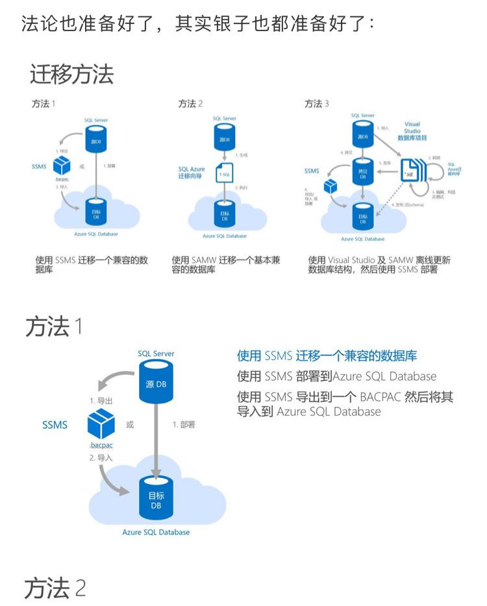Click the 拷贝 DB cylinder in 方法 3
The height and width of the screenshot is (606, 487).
click(363, 173)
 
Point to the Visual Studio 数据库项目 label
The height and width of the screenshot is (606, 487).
click(412, 131)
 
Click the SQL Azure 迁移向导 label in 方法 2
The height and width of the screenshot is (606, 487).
click(192, 173)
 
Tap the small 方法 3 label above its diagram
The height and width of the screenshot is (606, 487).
click(317, 103)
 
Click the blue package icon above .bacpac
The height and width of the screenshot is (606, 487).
click(101, 424)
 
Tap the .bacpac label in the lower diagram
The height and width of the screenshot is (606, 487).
click(101, 446)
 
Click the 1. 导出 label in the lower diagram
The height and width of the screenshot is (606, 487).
click(101, 401)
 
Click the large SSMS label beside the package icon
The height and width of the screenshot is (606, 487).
click(55, 425)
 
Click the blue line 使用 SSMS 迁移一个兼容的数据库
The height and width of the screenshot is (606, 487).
click(327, 355)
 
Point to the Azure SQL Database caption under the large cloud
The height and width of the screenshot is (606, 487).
click(156, 532)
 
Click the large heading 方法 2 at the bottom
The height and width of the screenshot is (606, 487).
click(55, 588)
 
